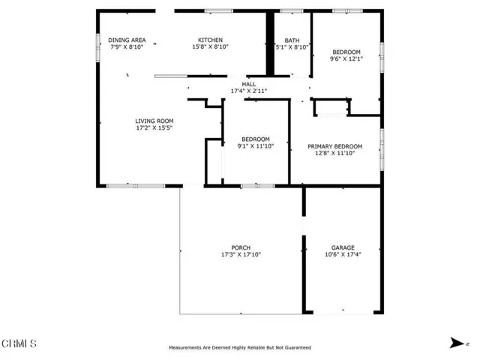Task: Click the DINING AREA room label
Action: click(127, 40)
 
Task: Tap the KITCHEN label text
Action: click(210, 40)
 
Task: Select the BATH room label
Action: click(292, 40)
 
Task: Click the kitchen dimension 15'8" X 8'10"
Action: click(210, 46)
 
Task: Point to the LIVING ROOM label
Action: click(154, 121)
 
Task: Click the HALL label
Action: click(249, 84)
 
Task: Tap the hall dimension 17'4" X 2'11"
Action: click(249, 91)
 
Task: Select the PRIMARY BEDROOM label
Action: click(335, 146)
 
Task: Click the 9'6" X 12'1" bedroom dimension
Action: click(346, 58)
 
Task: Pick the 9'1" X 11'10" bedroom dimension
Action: click(256, 146)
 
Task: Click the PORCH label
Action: click(241, 247)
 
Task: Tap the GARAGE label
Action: click(343, 247)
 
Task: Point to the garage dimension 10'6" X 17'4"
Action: click(343, 254)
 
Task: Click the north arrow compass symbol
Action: click(457, 343)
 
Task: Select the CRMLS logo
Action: click(19, 343)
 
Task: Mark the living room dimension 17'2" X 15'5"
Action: click(154, 127)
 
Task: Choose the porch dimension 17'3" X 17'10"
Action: click(241, 254)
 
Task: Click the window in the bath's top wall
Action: click(292, 11)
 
